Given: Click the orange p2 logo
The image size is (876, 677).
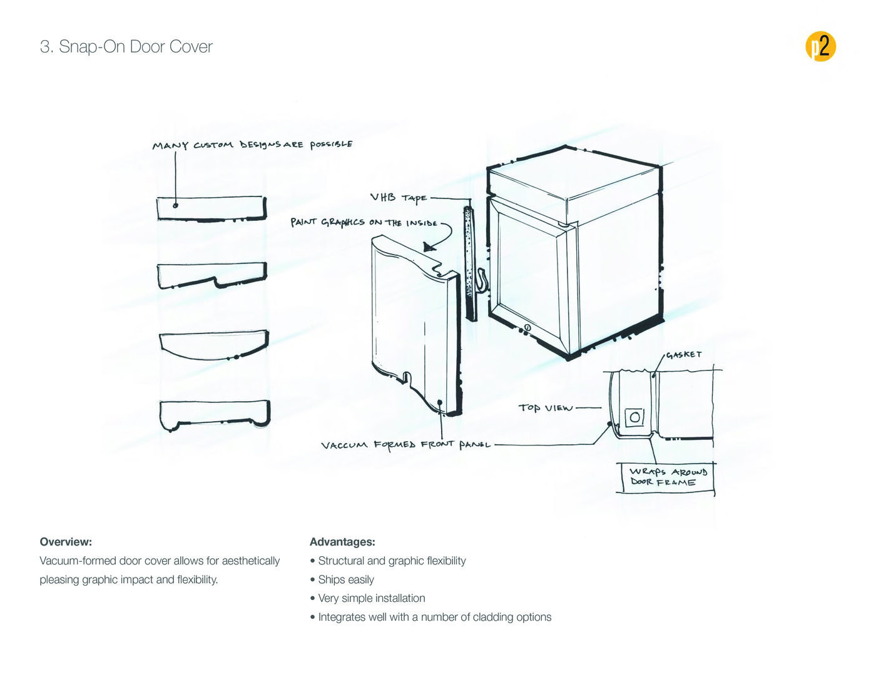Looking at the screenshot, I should [x=820, y=46].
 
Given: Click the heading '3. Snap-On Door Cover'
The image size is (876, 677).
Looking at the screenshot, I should [x=126, y=47].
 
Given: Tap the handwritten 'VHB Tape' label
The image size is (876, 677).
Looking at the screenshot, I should [x=398, y=198].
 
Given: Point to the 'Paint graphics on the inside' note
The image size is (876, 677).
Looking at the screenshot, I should [x=364, y=222].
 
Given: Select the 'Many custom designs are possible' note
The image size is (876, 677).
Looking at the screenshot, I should [x=252, y=145].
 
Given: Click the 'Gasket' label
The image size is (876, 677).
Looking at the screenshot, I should [x=683, y=355].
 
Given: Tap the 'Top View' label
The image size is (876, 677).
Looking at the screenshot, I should [x=545, y=408].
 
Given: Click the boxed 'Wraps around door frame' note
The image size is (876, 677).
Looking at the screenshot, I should [x=667, y=477].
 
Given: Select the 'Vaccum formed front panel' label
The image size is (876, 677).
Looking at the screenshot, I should [x=405, y=445].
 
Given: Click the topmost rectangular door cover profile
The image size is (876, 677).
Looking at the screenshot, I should [x=211, y=208].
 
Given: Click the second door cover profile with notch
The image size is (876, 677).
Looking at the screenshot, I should [x=212, y=275].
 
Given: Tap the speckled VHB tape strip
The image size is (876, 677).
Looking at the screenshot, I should [x=469, y=263].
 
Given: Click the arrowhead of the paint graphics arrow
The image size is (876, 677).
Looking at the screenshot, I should [x=430, y=247].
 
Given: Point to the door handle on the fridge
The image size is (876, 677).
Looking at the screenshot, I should [x=481, y=280].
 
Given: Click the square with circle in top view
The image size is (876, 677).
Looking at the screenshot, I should [x=634, y=417].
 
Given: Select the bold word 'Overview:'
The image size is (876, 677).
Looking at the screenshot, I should [x=66, y=542].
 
